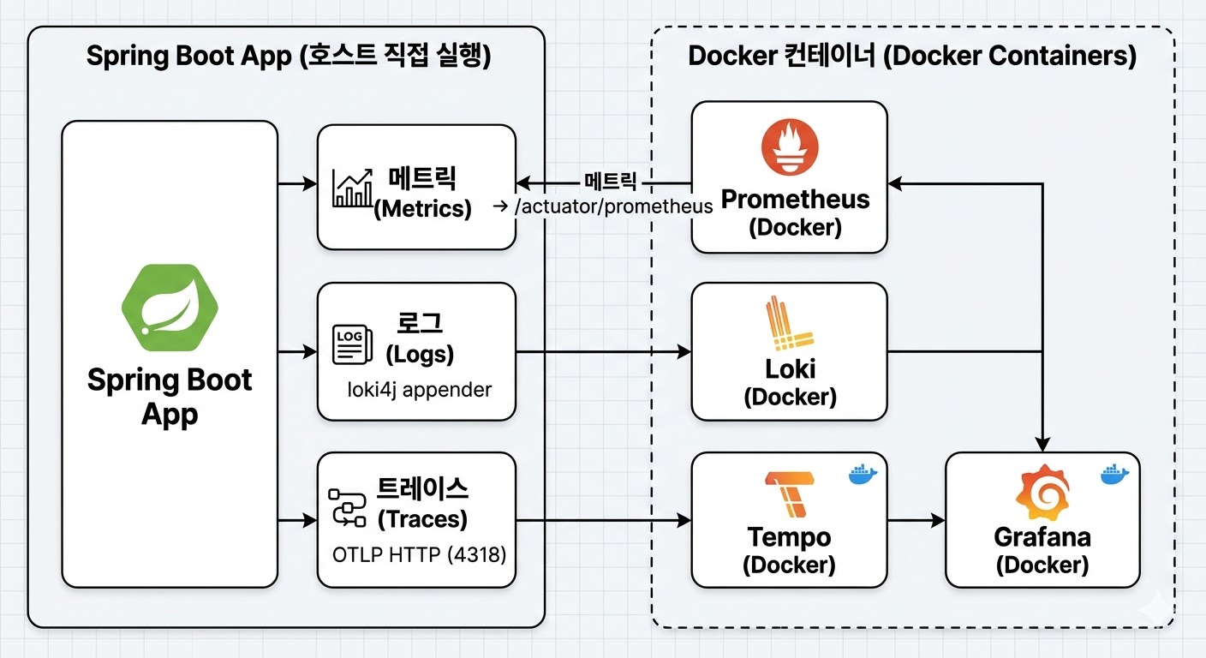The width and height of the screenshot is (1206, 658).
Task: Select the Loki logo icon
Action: click(789, 325)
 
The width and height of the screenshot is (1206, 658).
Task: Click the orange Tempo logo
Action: click(789, 494)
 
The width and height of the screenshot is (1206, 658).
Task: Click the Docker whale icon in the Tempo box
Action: click(863, 474)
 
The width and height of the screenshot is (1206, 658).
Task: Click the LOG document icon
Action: click(349, 344)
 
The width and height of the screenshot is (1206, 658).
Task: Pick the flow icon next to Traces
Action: click(349, 506)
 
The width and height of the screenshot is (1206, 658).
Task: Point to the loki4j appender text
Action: click(419, 390)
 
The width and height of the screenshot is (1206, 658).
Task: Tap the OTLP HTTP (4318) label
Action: click(419, 555)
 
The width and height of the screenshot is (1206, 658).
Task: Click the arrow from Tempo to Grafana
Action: click(916, 520)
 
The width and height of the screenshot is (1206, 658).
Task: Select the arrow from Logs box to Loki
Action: click(604, 351)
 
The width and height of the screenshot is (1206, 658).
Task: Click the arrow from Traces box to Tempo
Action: click(604, 520)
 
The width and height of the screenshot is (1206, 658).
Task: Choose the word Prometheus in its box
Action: click(796, 200)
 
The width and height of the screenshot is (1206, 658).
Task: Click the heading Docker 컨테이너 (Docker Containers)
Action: click(912, 56)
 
